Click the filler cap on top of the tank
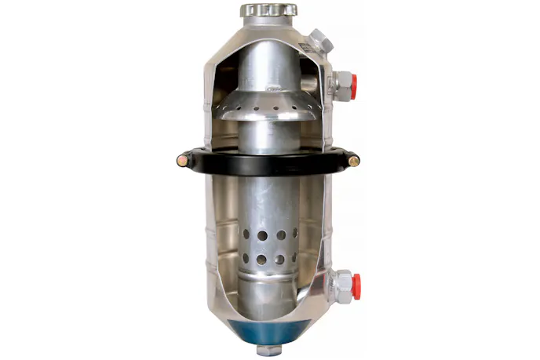coord(269,11)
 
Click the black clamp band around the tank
coord(267,163)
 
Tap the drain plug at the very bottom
coord(269,347)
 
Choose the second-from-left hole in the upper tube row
coord(260,234)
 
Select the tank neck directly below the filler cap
coord(268,25)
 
